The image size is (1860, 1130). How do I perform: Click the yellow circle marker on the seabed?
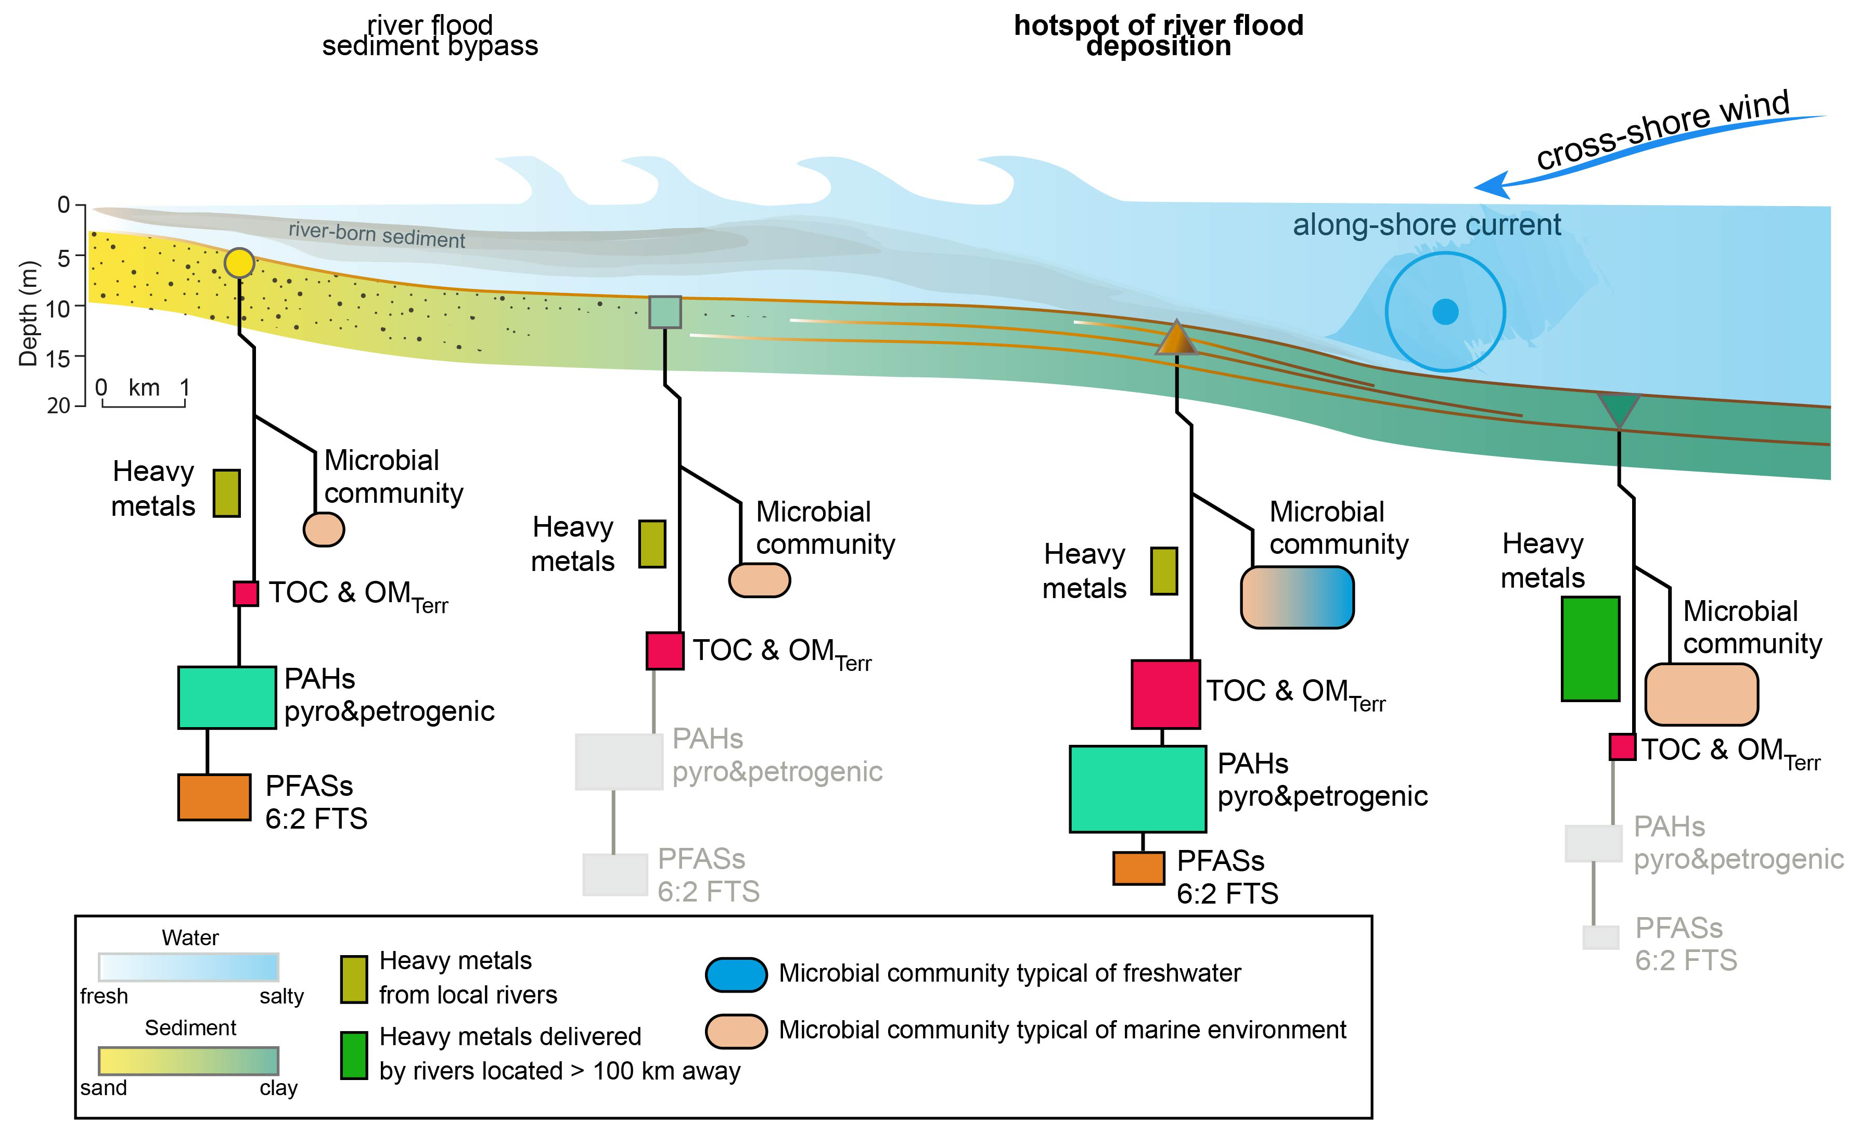tap(239, 263)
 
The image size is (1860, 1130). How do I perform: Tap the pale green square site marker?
tap(665, 312)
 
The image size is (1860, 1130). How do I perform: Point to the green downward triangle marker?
tap(1619, 408)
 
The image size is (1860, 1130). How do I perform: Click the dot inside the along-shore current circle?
tap(1445, 311)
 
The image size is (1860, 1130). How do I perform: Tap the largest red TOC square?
tap(1165, 694)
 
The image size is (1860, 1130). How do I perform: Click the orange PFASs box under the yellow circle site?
tap(214, 797)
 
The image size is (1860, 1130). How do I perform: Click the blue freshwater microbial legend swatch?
tap(736, 974)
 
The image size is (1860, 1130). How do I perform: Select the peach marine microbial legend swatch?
tap(736, 1031)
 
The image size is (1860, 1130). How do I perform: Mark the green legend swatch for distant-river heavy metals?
tap(353, 1055)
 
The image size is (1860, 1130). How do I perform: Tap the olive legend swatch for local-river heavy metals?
tap(353, 979)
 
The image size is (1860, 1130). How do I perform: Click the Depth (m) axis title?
tap(28, 313)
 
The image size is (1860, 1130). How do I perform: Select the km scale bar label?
tap(144, 388)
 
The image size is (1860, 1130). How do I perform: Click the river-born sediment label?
tap(377, 235)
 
